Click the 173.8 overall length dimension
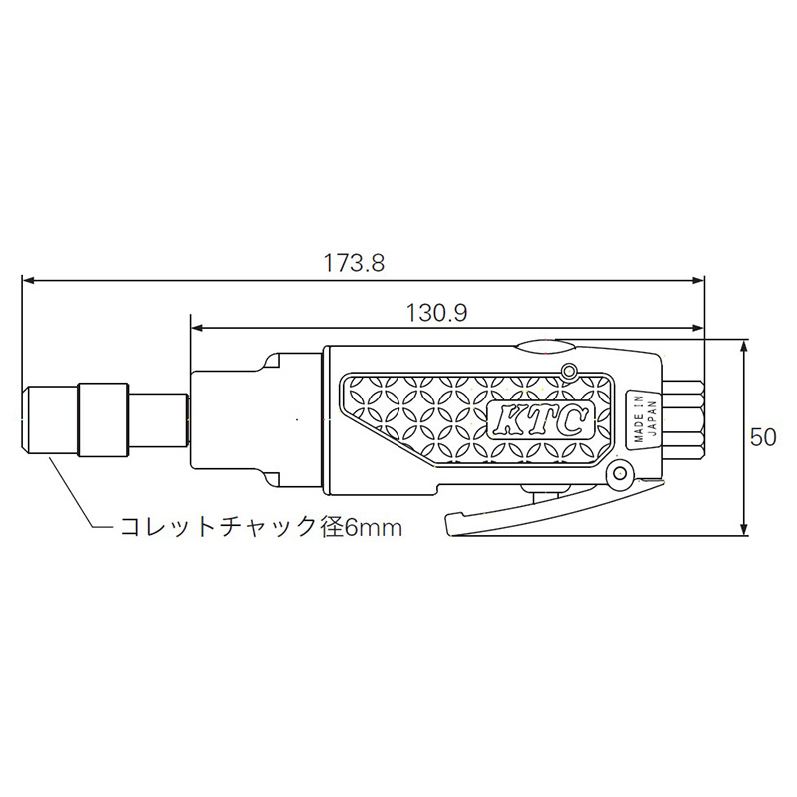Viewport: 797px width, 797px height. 354,263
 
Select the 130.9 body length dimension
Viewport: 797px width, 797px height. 437,313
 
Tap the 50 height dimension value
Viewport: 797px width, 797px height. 763,437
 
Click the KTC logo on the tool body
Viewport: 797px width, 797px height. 539,419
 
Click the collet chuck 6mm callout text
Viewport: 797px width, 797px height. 261,527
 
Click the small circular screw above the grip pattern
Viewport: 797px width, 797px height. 568,370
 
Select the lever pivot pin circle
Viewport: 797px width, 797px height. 619,474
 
